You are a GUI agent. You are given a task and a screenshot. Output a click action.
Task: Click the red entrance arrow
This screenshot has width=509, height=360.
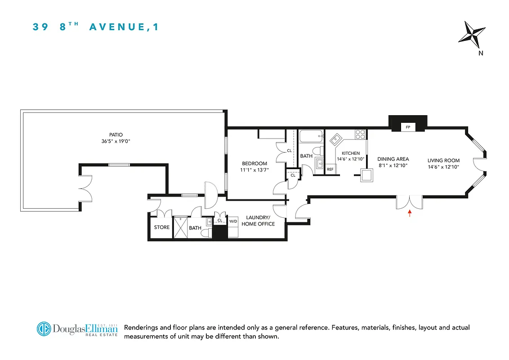click(409, 213)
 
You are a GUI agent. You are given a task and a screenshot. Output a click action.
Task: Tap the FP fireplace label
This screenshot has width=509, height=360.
click(408, 127)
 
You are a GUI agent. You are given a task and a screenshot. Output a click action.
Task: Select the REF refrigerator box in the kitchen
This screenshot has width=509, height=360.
click(330, 169)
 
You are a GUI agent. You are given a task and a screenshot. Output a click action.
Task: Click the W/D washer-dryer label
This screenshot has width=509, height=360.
click(233, 221)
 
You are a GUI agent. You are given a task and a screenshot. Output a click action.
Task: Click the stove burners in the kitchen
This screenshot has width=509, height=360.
click(360, 134)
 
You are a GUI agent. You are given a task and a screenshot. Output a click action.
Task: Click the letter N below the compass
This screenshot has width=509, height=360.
click(481, 53)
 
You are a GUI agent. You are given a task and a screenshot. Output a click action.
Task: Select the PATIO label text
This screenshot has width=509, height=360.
click(116, 134)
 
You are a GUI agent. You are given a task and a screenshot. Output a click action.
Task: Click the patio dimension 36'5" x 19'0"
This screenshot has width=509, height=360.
click(116, 141)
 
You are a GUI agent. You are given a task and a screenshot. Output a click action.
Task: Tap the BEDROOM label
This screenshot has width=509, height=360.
click(254, 163)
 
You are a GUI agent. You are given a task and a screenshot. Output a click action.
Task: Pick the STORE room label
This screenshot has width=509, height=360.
click(161, 227)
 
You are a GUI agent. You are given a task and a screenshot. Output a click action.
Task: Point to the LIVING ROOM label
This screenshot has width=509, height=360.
click(443, 160)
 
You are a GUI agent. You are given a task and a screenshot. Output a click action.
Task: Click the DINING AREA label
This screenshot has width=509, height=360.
click(393, 159)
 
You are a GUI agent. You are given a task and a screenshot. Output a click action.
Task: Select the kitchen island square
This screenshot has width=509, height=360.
click(367, 175)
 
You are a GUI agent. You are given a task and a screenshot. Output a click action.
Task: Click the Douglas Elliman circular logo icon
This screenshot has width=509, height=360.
click(44, 328)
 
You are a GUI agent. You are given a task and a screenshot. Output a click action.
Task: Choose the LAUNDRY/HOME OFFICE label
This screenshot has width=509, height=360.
click(258, 220)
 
